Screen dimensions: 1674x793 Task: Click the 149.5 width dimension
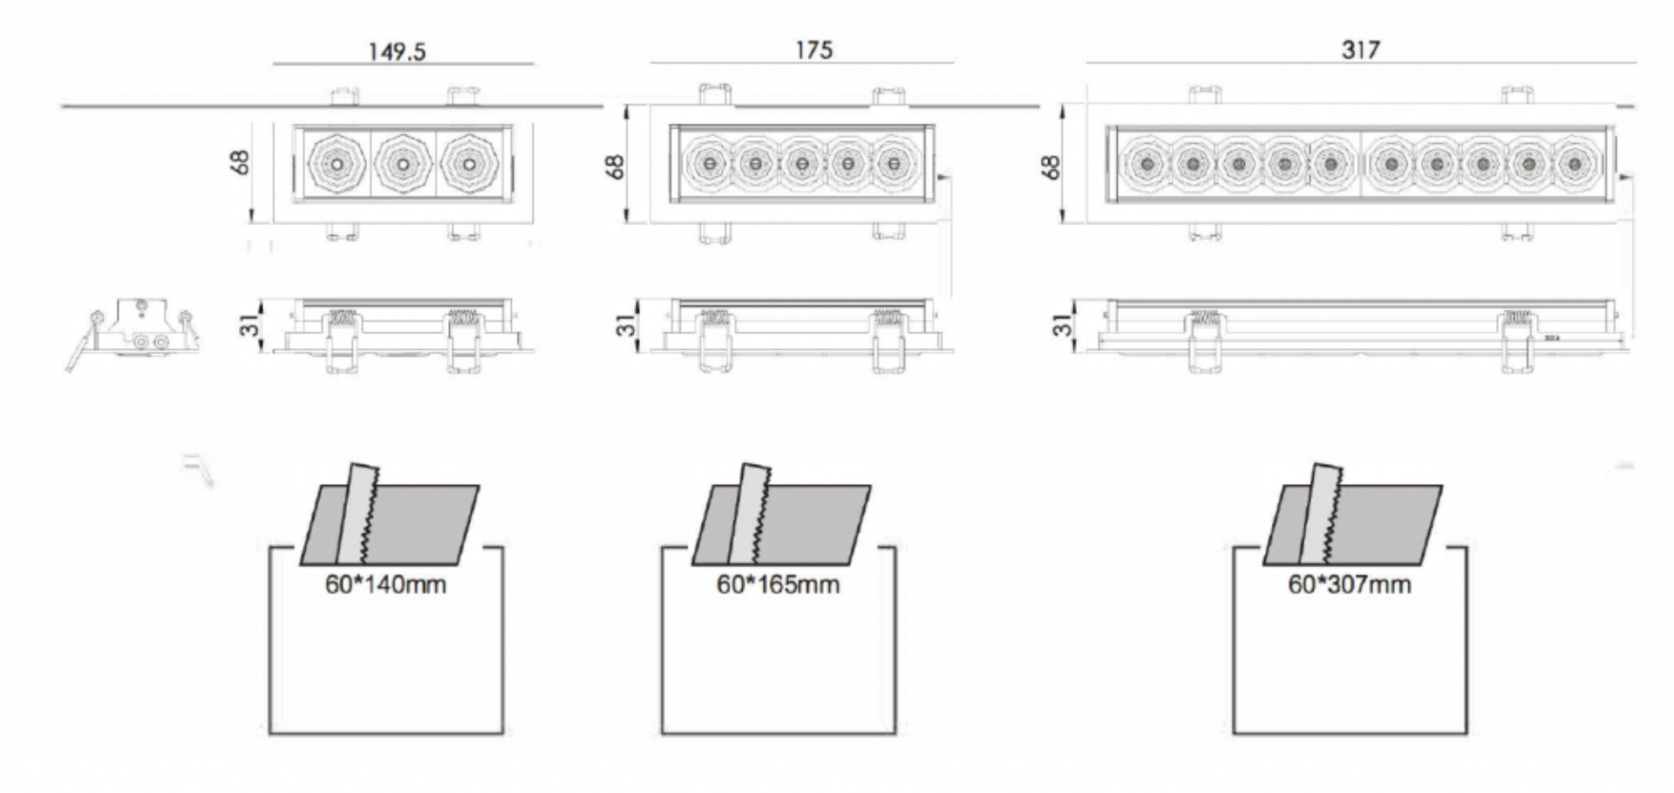[397, 51]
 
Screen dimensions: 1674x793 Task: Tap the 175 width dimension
[813, 50]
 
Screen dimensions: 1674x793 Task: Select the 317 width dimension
[1360, 50]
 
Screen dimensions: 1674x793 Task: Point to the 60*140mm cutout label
[385, 584]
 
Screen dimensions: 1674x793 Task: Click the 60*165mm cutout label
[778, 584]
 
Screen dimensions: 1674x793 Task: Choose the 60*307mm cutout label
[1350, 584]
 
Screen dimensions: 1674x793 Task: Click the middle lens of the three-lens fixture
[402, 163]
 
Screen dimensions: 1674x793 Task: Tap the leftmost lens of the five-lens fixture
[709, 163]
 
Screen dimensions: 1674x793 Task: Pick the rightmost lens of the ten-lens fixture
[1573, 163]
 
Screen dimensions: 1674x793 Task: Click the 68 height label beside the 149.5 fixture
[242, 162]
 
